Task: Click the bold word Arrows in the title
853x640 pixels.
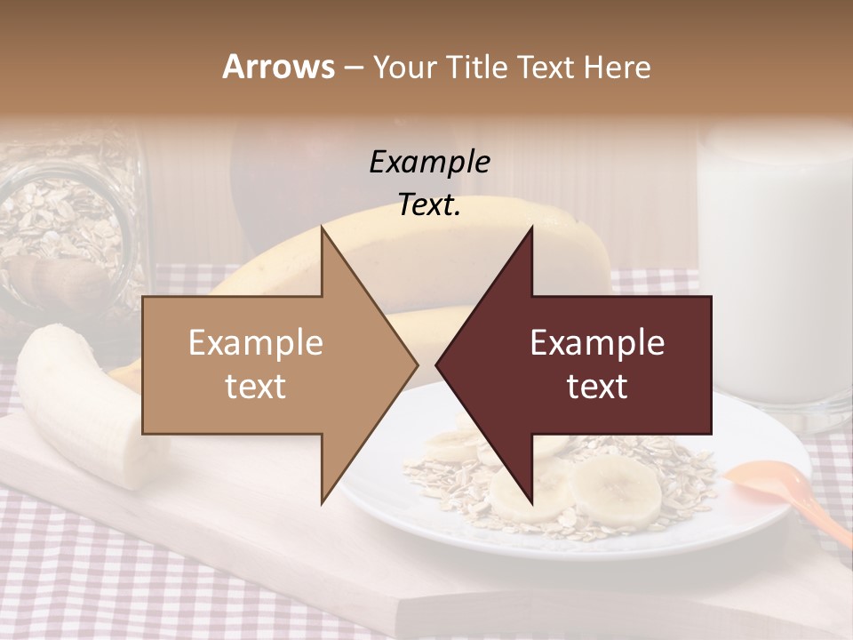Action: pyautogui.click(x=278, y=67)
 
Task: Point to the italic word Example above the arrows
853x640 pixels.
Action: pyautogui.click(x=429, y=162)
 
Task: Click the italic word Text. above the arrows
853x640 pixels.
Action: pyautogui.click(x=429, y=205)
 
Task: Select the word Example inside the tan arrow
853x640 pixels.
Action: pyautogui.click(x=256, y=343)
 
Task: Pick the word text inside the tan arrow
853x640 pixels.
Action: pyautogui.click(x=256, y=387)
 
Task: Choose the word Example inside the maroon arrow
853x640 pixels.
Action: pyautogui.click(x=597, y=343)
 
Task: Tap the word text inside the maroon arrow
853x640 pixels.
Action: pyautogui.click(x=597, y=387)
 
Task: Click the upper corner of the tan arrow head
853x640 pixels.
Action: pyautogui.click(x=323, y=228)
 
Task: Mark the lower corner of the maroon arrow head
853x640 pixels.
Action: pyautogui.click(x=531, y=501)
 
